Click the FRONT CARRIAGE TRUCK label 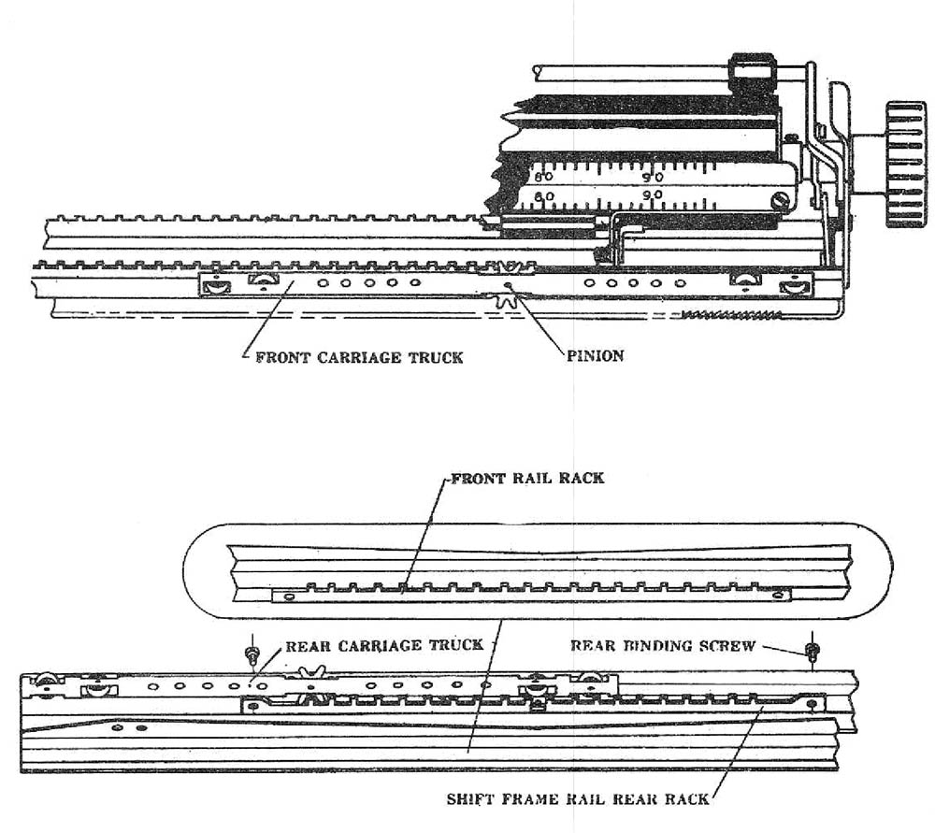tap(359, 357)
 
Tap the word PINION tap(595, 356)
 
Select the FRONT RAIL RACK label tap(527, 478)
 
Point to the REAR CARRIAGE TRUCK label tap(384, 645)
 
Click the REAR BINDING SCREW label tap(663, 646)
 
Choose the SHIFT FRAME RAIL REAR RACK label tap(578, 799)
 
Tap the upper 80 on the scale tap(542, 175)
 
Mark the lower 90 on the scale tap(653, 195)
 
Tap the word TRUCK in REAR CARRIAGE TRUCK tap(453, 645)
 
